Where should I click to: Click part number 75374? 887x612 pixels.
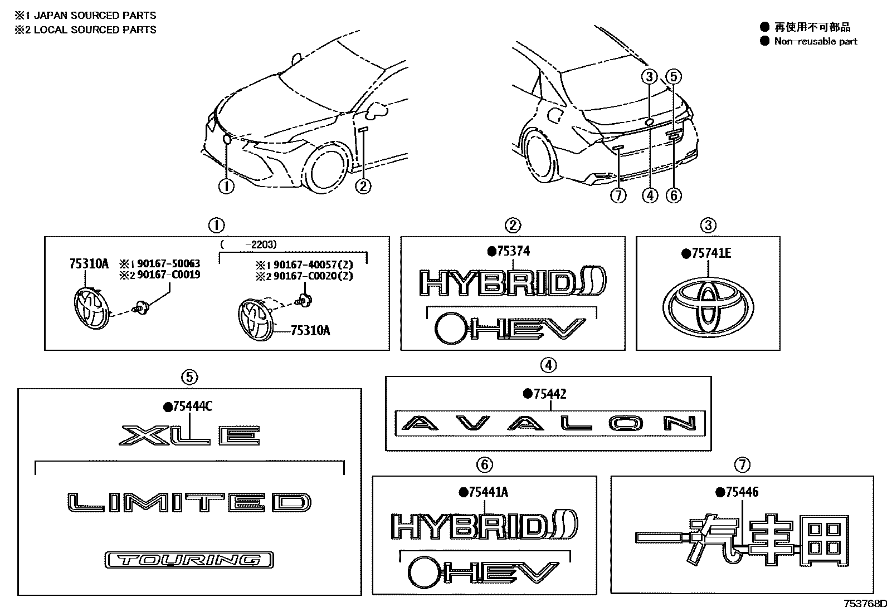tap(513, 252)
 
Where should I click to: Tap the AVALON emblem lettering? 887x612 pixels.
tap(549, 424)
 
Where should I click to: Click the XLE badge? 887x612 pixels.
tap(189, 435)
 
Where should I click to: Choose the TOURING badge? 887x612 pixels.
tap(189, 560)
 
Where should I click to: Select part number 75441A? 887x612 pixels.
tap(488, 492)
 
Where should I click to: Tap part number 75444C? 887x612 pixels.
tap(191, 407)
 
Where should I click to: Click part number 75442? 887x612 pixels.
tap(549, 394)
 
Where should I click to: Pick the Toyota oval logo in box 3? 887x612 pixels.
tap(708, 306)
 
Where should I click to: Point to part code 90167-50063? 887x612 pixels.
tap(165, 263)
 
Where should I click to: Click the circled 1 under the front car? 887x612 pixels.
tap(226, 187)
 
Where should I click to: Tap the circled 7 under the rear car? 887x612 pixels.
tap(618, 195)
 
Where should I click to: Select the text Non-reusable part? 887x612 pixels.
tap(815, 41)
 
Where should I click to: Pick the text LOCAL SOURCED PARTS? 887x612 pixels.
tap(95, 30)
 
